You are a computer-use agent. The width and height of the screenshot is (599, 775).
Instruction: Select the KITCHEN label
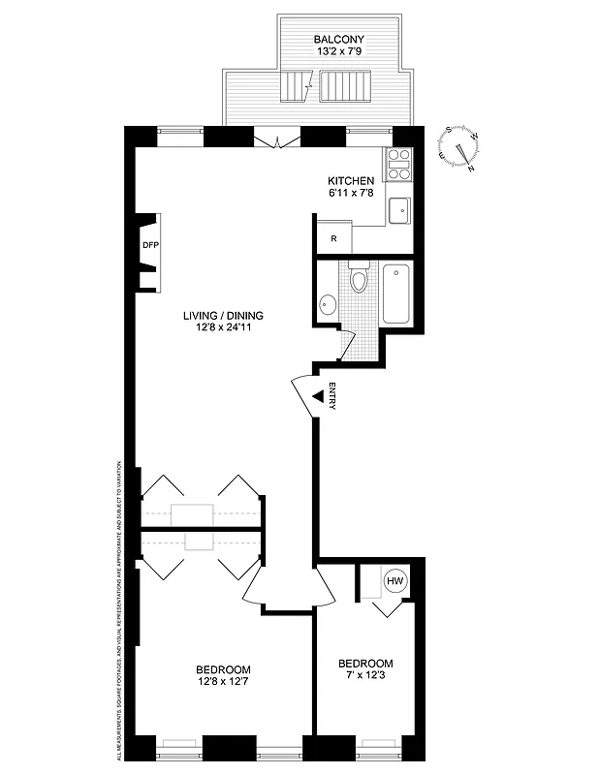350,181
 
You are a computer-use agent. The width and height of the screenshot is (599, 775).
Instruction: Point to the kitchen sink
398,209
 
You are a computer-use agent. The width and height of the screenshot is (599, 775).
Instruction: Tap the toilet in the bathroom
359,279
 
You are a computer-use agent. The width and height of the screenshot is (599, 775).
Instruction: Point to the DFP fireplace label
150,245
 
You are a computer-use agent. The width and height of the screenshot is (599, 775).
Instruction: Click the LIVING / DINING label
224,315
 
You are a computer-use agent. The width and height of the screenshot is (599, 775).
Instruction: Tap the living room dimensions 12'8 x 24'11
224,328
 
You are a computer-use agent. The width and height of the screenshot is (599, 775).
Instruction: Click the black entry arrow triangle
316,395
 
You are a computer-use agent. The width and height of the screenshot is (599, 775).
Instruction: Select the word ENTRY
331,398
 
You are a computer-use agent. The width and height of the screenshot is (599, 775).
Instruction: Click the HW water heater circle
394,581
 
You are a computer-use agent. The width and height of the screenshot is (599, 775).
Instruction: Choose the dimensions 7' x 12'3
365,676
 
